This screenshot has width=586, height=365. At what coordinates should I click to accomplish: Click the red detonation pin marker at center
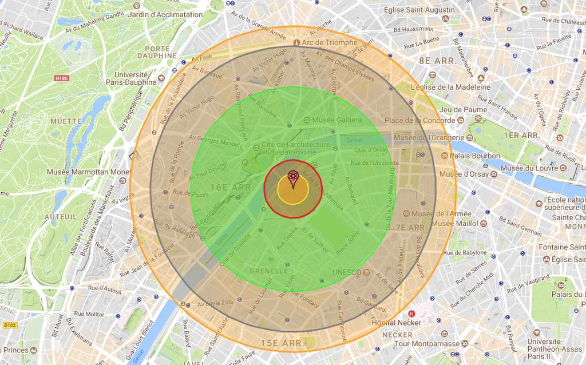(x=293, y=178)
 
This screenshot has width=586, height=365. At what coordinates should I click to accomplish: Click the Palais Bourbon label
(x=475, y=156)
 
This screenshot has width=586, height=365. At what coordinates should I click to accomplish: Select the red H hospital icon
(x=411, y=314)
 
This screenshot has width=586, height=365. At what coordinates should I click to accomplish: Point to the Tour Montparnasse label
(x=427, y=344)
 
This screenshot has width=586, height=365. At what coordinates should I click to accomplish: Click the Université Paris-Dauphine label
(x=135, y=78)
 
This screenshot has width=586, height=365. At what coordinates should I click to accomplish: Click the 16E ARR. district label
(x=228, y=187)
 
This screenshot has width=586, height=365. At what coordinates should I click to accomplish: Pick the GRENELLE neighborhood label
(x=269, y=271)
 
